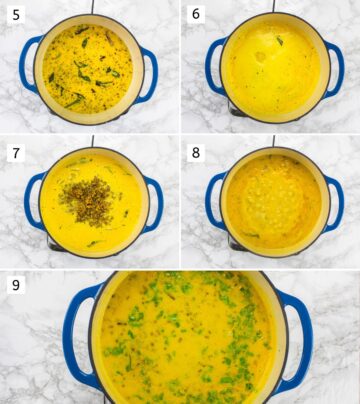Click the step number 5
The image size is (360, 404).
(x=15, y=15)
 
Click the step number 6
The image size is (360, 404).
(x=196, y=15)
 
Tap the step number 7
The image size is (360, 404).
(x=15, y=151)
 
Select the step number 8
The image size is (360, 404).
(x=196, y=152)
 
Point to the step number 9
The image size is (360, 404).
(x=15, y=286)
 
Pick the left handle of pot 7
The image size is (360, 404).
(x=31, y=200)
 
